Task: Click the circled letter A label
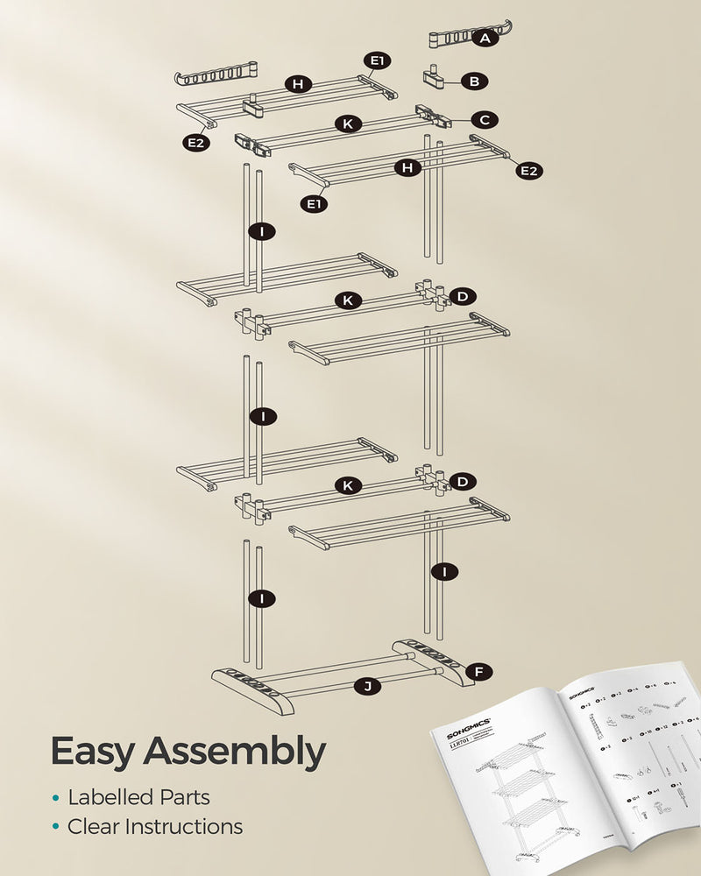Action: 485,38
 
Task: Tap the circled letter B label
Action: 474,81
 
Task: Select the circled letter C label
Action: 484,119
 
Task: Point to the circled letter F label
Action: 478,672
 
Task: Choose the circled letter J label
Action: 368,686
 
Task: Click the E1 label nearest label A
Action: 378,60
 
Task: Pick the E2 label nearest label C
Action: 528,171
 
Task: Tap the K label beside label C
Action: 348,124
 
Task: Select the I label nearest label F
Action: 445,572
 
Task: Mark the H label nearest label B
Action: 299,84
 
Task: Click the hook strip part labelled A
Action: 447,38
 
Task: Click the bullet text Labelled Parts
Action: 138,797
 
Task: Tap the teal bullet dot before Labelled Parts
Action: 56,798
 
